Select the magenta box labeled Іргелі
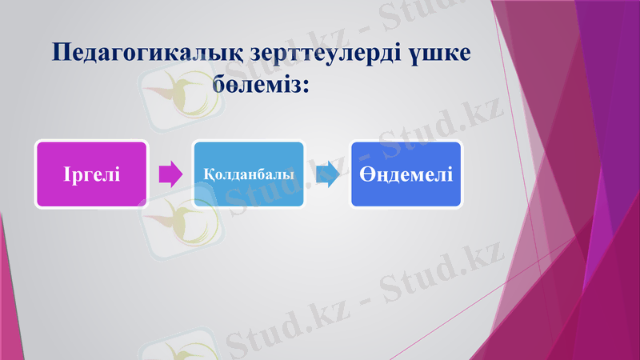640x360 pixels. (x=91, y=174)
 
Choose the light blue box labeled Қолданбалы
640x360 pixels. (x=248, y=174)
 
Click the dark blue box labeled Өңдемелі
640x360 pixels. (x=406, y=174)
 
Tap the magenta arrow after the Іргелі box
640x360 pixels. (x=170, y=174)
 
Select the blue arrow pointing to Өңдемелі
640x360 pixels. (x=327, y=174)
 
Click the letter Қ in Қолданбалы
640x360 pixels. (x=207, y=174)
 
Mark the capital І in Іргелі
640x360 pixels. (x=66, y=174)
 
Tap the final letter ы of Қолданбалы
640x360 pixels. (x=289, y=174)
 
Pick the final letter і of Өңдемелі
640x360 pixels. (x=450, y=174)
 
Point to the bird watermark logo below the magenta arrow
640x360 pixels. (x=172, y=228)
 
